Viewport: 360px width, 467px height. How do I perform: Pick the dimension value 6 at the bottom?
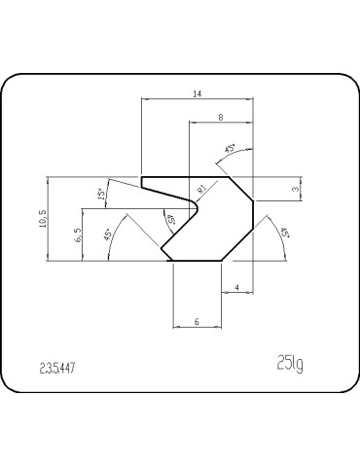point(197,320)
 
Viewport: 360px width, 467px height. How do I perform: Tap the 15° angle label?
point(102,196)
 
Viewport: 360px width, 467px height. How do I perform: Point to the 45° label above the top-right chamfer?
point(230,149)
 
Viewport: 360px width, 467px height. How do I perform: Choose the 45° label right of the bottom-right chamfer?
point(284,233)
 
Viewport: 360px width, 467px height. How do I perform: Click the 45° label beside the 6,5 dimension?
point(106,233)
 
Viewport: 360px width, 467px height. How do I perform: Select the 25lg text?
point(290,365)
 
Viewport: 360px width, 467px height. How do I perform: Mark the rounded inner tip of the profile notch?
point(198,206)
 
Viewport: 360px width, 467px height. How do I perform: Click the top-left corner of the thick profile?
point(143,178)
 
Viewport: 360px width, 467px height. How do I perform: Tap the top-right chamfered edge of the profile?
point(241,190)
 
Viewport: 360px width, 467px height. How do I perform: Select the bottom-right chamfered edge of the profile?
point(238,244)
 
